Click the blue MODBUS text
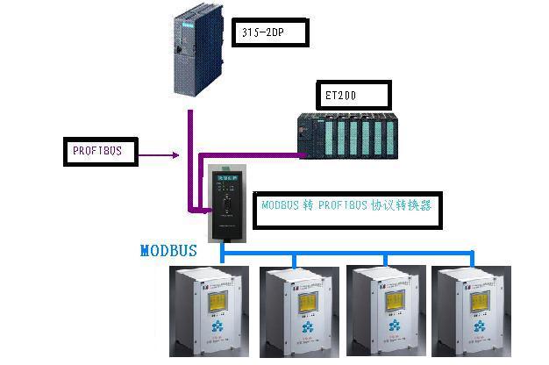click(x=168, y=251)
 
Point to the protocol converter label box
click(x=346, y=207)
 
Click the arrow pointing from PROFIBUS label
click(x=161, y=156)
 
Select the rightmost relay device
click(x=474, y=312)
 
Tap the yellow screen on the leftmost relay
click(x=214, y=300)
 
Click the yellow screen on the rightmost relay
click(x=478, y=300)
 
